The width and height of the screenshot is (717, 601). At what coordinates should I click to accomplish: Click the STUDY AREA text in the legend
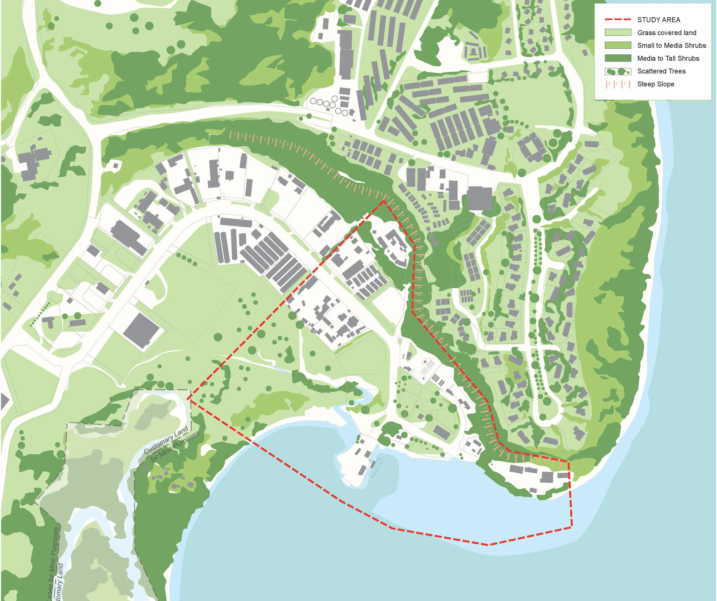click(x=658, y=20)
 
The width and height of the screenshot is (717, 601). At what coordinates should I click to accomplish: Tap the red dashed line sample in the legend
click(x=618, y=20)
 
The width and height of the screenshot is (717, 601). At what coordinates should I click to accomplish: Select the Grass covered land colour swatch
click(x=618, y=32)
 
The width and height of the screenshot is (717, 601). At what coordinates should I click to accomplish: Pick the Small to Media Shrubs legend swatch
click(x=618, y=45)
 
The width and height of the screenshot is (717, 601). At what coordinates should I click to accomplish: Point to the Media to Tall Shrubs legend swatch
click(x=618, y=58)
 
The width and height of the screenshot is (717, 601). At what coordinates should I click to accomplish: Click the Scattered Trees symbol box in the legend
click(x=618, y=71)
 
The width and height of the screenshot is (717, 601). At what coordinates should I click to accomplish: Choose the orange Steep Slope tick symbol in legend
click(x=618, y=84)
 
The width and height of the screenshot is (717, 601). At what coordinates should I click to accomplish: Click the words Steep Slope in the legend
click(x=656, y=84)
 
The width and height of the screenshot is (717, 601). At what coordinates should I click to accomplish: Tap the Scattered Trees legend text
click(x=661, y=71)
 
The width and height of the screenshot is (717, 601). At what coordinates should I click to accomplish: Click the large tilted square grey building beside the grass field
click(x=141, y=330)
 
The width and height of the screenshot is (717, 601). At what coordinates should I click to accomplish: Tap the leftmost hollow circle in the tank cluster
click(x=313, y=101)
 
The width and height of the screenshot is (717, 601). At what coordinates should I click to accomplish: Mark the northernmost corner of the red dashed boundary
click(x=384, y=201)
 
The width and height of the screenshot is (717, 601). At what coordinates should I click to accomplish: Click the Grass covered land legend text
click(x=667, y=33)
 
